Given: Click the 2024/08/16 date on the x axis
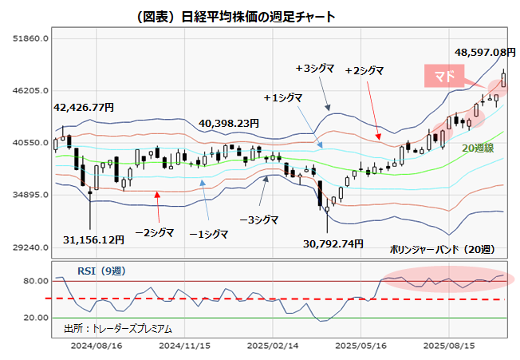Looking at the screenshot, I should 97,347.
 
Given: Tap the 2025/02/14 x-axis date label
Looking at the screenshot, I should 273,347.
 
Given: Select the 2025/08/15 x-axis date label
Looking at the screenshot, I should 448,347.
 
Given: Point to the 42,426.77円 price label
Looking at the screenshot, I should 84,106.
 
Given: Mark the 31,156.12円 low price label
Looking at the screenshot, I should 94,239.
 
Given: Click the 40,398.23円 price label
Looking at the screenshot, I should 229,123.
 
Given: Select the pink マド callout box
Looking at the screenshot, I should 444,76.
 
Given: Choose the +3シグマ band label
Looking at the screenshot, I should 317,69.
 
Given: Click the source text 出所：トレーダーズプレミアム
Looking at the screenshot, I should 117,328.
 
